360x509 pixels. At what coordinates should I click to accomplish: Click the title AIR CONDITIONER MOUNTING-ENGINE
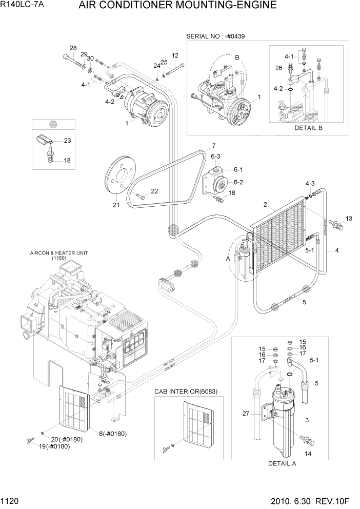click(177, 6)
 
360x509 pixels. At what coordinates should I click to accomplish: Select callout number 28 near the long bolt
click(73, 48)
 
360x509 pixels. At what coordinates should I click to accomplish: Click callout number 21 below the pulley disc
click(116, 206)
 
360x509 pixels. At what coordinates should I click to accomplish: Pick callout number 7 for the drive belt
click(213, 145)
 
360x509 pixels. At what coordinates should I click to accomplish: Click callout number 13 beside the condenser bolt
click(349, 219)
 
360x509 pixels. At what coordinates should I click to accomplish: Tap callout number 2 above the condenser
click(265, 205)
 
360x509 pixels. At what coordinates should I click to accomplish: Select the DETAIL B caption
click(308, 128)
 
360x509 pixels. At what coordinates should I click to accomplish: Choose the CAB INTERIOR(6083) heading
click(186, 391)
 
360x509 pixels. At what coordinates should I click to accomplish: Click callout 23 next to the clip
click(67, 140)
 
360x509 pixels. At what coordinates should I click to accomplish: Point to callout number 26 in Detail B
click(278, 68)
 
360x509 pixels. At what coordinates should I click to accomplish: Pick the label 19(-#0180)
click(54, 446)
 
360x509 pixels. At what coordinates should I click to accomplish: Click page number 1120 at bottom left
click(11, 499)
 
